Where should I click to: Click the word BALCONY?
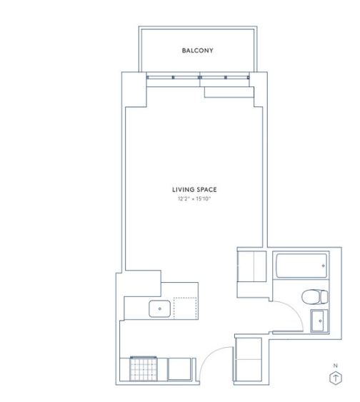tap(197, 51)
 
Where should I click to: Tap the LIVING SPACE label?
tap(194, 190)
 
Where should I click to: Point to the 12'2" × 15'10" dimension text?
tap(194, 199)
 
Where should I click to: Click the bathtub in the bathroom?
tap(301, 266)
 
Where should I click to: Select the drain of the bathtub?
tap(323, 266)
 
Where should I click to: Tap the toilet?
tap(314, 297)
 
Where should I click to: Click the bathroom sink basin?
tap(319, 321)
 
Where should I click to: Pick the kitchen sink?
tap(159, 308)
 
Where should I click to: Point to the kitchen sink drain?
tap(160, 308)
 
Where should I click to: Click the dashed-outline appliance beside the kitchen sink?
tap(186, 308)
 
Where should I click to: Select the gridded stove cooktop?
tap(144, 368)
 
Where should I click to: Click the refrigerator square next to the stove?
tap(179, 369)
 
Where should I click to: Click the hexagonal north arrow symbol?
tap(336, 378)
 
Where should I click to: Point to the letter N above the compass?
tap(336, 366)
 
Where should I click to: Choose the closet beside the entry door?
tap(248, 359)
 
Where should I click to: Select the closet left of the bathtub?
tap(252, 266)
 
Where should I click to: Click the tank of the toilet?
tap(324, 297)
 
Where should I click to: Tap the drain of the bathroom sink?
tap(320, 321)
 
